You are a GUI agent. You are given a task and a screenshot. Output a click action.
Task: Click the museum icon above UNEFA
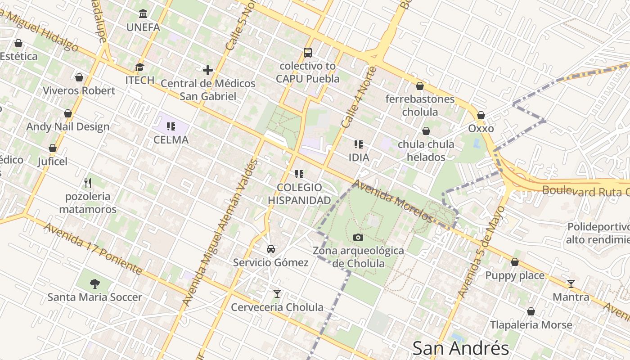[x=143, y=13]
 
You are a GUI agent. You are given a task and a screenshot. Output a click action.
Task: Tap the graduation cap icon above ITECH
[x=139, y=67]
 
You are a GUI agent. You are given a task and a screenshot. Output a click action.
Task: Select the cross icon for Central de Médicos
[x=207, y=70]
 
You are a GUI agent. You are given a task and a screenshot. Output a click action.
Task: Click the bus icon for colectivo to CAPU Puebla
[x=308, y=53]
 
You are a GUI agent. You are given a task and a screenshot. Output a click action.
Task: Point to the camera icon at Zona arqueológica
[x=358, y=237]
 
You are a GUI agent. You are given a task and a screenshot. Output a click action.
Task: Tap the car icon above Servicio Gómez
[x=271, y=249]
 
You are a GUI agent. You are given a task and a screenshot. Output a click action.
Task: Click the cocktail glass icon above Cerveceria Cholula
[x=277, y=294]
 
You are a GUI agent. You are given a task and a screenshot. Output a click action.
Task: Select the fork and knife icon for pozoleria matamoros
[x=88, y=183]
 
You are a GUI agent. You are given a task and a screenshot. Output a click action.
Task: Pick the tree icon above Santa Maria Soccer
[x=94, y=284]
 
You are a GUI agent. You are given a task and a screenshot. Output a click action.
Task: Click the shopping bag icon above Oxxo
[x=481, y=116]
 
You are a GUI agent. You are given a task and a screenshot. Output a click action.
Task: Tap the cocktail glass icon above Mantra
[x=571, y=284]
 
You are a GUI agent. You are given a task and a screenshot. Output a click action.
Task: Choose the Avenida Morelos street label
[x=393, y=202]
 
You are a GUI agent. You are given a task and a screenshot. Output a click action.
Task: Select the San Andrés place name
[x=460, y=348]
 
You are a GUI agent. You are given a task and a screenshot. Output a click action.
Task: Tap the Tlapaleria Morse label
[x=531, y=325]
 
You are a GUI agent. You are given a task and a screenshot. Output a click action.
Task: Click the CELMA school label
[x=171, y=140]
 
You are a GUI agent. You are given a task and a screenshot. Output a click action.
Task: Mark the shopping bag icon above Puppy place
[x=515, y=262]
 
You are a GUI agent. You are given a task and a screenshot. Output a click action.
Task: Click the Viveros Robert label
[x=79, y=90]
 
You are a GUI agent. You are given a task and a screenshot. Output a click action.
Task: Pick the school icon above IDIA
[x=359, y=144]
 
